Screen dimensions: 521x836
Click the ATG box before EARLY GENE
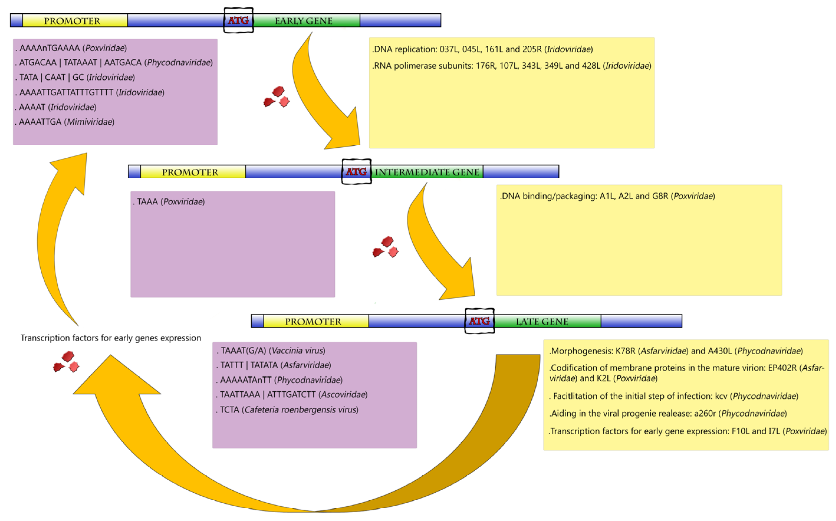pos(238,20)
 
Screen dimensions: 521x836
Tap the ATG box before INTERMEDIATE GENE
pos(356,172)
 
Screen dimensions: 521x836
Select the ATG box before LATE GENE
pos(479,321)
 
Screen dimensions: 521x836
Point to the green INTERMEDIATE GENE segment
pos(427,172)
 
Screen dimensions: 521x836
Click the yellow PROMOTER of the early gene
pos(72,21)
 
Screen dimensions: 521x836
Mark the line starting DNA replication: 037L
pos(482,49)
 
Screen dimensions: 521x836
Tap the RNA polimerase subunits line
pos(512,66)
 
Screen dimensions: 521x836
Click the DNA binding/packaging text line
pos(607,196)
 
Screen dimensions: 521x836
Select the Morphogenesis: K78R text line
pos(675,351)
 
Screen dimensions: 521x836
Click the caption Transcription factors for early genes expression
pos(111,338)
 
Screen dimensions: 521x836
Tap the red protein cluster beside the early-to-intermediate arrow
pos(277,97)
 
